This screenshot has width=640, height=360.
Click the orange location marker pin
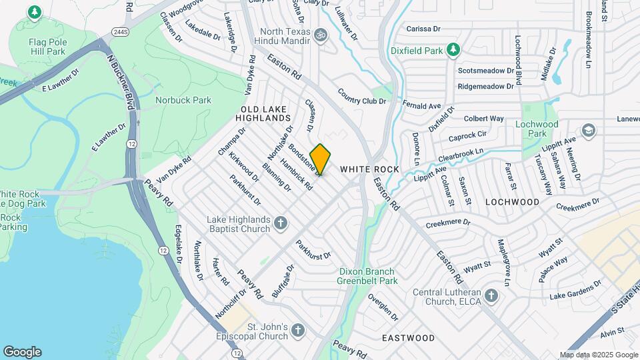point(321,159)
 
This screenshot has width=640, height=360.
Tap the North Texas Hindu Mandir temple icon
point(320,33)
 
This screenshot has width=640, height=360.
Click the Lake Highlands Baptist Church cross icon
point(281,223)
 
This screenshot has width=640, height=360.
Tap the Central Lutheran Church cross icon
point(491,295)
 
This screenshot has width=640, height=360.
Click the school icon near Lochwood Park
point(588,130)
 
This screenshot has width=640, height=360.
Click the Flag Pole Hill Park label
point(47,46)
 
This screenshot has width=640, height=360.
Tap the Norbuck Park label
point(183,100)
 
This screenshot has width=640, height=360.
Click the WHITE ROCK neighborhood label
point(369,169)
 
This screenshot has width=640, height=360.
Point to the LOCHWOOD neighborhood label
point(512,201)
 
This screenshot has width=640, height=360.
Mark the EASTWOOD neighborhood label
point(409,338)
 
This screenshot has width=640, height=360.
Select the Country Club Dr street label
point(362,97)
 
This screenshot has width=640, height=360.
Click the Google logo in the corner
point(22,351)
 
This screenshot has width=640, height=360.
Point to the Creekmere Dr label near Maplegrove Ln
point(448,223)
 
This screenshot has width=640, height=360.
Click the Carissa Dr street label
point(423,29)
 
